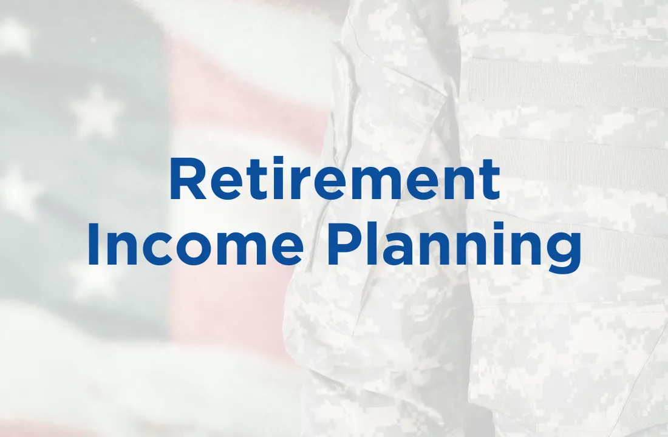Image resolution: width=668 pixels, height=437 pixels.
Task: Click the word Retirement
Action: coord(335,179)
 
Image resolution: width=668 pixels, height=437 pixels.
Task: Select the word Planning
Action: coord(454,248)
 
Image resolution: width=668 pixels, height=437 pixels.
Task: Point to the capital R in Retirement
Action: coord(188,179)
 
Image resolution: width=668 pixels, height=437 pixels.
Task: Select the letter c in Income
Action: coord(158,249)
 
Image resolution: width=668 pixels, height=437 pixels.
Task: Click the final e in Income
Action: coord(287,249)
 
